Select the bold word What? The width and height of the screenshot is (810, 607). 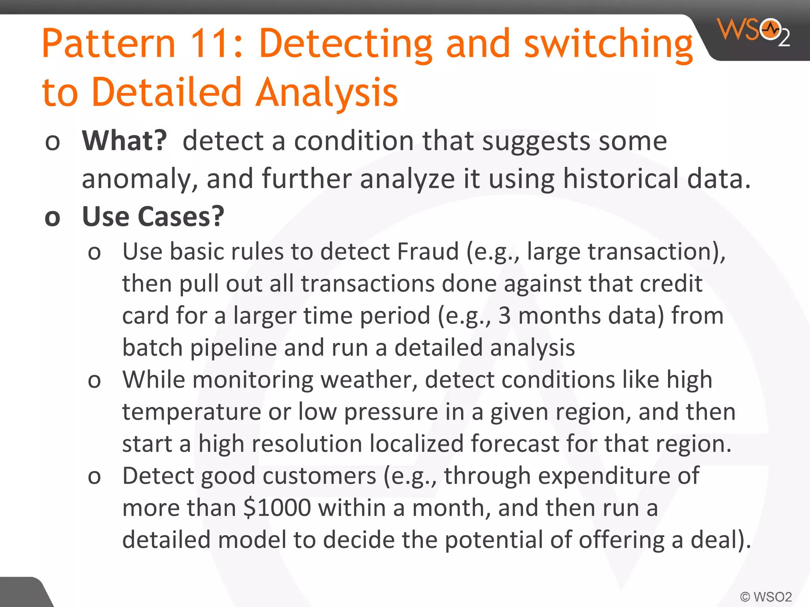click(125, 141)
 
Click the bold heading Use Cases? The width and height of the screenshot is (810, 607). click(153, 217)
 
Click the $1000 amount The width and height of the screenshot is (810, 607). click(277, 508)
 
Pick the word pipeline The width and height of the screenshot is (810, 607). click(233, 348)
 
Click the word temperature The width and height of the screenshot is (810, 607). click(191, 412)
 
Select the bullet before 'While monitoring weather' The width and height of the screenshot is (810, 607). click(94, 381)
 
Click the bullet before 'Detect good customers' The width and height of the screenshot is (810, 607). click(94, 477)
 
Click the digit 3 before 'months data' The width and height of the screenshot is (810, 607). click(504, 316)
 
